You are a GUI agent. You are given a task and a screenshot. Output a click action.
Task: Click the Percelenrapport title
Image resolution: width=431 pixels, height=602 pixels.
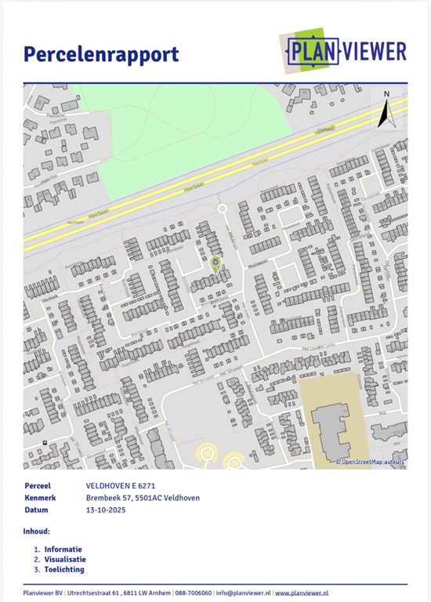coord(101,54)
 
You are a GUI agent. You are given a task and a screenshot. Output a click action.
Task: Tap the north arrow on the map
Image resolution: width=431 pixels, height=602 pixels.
coord(385,111)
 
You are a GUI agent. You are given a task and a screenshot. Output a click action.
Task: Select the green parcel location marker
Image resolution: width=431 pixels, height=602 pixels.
coord(215,263)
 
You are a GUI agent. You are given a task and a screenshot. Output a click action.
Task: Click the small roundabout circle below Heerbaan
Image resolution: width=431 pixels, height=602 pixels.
coord(222,209)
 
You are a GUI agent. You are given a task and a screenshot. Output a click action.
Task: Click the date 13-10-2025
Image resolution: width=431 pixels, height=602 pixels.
coord(106,510)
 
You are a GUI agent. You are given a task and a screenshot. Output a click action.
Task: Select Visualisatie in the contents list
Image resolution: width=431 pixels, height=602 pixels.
coord(65,560)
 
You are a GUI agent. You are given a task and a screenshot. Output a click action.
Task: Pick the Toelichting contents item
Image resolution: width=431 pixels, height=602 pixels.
coord(63,570)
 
